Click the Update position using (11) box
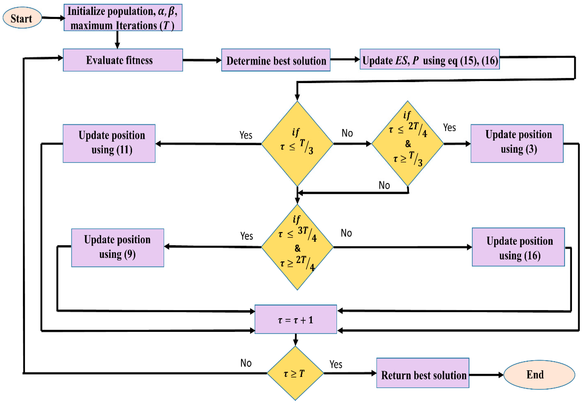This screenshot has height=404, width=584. [x=109, y=144]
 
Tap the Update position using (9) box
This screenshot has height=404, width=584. [x=117, y=248]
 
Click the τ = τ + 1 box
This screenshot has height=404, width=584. [x=295, y=319]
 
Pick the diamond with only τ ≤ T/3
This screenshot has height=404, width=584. [x=297, y=144]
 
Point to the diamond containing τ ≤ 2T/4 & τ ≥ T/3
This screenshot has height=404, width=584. [x=407, y=144]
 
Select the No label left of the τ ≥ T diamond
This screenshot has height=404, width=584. [x=246, y=363]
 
